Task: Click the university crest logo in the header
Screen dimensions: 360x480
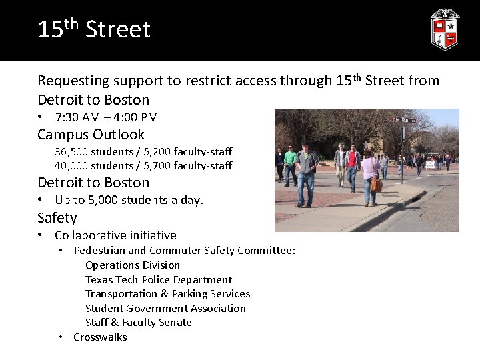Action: (444, 29)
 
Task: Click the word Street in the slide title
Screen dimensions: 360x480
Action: (118, 30)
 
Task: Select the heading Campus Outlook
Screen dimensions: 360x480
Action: (91, 134)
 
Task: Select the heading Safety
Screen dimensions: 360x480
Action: (57, 218)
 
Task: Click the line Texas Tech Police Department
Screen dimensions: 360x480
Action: (159, 279)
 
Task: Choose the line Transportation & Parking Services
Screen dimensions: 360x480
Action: (167, 294)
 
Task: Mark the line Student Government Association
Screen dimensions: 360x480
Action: (165, 308)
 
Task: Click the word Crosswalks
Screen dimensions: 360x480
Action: (100, 337)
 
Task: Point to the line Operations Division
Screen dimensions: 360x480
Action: (133, 265)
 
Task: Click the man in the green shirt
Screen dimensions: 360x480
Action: (290, 163)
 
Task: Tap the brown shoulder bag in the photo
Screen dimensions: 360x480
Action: (377, 184)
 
